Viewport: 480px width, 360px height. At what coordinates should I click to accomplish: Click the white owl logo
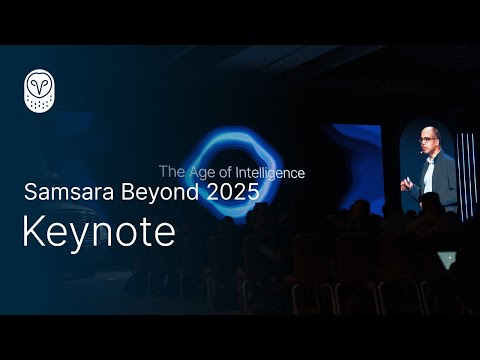(x=39, y=90)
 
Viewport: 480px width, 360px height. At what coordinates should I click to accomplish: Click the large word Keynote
(x=98, y=232)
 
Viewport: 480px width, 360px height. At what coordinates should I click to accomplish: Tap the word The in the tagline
(x=171, y=172)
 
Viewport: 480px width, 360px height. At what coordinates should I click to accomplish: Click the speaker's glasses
(x=428, y=140)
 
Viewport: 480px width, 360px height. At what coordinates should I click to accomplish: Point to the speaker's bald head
(x=429, y=132)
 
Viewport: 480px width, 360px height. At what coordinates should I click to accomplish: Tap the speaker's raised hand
(x=406, y=184)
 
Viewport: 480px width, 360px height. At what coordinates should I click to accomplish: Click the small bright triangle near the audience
(x=446, y=260)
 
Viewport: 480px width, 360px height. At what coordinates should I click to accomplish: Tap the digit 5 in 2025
(x=252, y=193)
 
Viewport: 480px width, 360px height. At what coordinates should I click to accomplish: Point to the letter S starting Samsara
(x=30, y=193)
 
